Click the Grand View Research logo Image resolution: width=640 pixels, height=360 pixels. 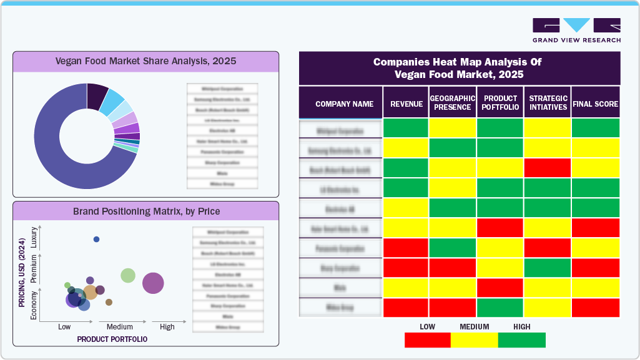(x=576, y=30)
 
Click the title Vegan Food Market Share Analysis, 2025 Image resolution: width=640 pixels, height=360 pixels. (x=145, y=61)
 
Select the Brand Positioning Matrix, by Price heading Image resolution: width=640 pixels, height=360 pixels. (x=146, y=211)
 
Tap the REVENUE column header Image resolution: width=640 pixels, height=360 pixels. (x=406, y=104)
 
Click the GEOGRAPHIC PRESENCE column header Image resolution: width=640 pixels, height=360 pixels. (x=453, y=103)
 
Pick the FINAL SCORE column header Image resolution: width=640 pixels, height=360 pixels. (x=595, y=104)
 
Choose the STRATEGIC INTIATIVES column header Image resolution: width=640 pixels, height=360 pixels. (x=548, y=103)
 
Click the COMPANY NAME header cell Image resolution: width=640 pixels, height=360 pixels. (x=344, y=104)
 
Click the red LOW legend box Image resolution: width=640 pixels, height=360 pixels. (x=427, y=340)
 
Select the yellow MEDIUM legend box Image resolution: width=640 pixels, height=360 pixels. (x=475, y=340)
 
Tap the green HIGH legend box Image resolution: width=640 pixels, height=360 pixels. (x=522, y=340)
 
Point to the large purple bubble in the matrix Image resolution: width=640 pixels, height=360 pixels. (x=153, y=283)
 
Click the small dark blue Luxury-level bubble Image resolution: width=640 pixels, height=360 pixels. (x=96, y=240)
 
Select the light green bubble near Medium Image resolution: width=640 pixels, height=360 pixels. (x=128, y=275)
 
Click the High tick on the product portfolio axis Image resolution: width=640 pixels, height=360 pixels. (x=167, y=327)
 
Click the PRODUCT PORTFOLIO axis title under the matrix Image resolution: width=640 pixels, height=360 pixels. (x=112, y=339)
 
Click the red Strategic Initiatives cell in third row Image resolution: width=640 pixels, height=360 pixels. (x=548, y=168)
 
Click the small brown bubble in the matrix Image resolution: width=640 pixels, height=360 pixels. (x=109, y=302)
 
